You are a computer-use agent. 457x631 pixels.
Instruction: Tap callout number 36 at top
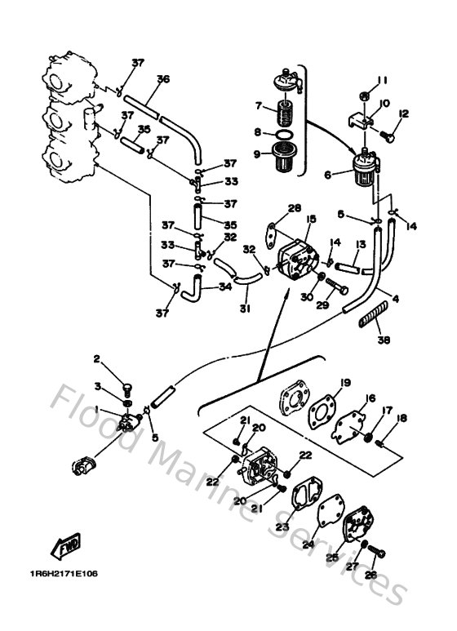pos(162,79)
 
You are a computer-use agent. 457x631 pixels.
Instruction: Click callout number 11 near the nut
pos(379,79)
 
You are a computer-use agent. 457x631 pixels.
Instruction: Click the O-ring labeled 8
pos(282,135)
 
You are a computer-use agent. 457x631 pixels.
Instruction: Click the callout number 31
pos(222,309)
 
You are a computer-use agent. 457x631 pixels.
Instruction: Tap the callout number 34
pos(225,287)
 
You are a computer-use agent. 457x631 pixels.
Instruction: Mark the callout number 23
pos(283,527)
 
